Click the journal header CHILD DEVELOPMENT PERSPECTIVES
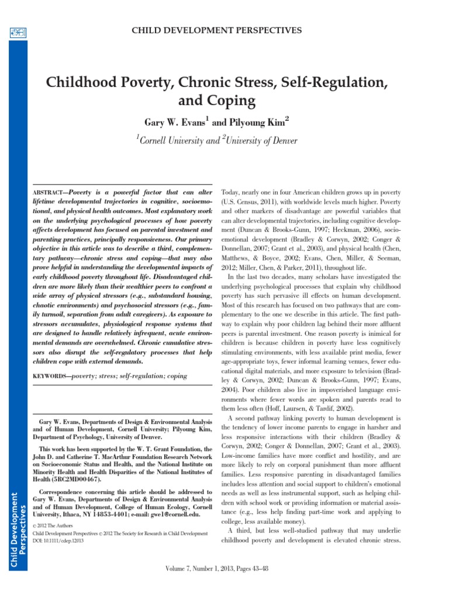coord(224,30)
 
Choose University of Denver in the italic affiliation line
coord(264,140)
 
